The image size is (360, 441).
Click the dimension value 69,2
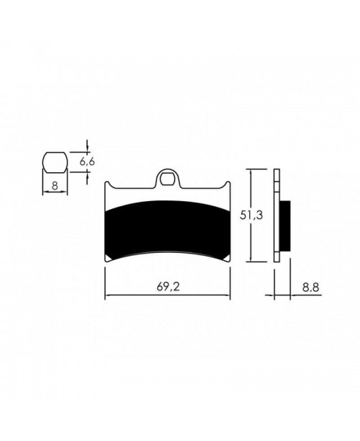tap(167, 285)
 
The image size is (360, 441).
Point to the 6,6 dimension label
tap(88, 162)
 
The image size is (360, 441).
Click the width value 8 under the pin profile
tap(55, 185)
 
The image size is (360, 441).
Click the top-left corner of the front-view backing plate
tap(107, 183)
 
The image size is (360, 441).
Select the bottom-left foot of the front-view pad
tap(108, 259)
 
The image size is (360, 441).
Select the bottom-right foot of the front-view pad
tap(228, 259)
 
